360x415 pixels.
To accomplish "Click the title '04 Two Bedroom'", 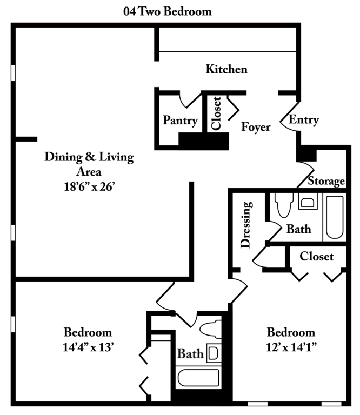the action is tap(167, 11).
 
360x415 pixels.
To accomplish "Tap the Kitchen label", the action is tap(226, 69).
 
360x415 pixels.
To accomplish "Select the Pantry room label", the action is tap(180, 121).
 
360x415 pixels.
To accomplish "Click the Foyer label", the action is tap(256, 127).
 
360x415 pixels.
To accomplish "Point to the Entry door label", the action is tap(304, 119).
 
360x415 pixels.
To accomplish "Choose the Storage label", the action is tap(326, 181).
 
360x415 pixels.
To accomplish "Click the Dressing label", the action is tap(245, 225).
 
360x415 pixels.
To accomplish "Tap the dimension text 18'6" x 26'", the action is tap(89, 186).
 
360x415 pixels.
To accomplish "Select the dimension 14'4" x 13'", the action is tap(88, 347).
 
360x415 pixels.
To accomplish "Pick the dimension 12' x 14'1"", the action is tap(291, 347).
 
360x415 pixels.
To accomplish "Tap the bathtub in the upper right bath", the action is tap(335, 217).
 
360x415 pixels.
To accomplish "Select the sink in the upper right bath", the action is tap(308, 202).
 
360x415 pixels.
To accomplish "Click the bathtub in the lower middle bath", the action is tap(198, 377).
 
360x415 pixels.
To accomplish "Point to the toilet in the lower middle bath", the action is tap(210, 329).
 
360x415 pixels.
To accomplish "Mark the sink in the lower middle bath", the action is tap(214, 353).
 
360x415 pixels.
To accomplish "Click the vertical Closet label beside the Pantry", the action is tap(216, 113).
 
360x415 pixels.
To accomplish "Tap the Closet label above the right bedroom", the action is tap(317, 256).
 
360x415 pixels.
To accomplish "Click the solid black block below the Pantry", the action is tap(204, 142).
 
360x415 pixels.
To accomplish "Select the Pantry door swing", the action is tap(190, 100).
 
